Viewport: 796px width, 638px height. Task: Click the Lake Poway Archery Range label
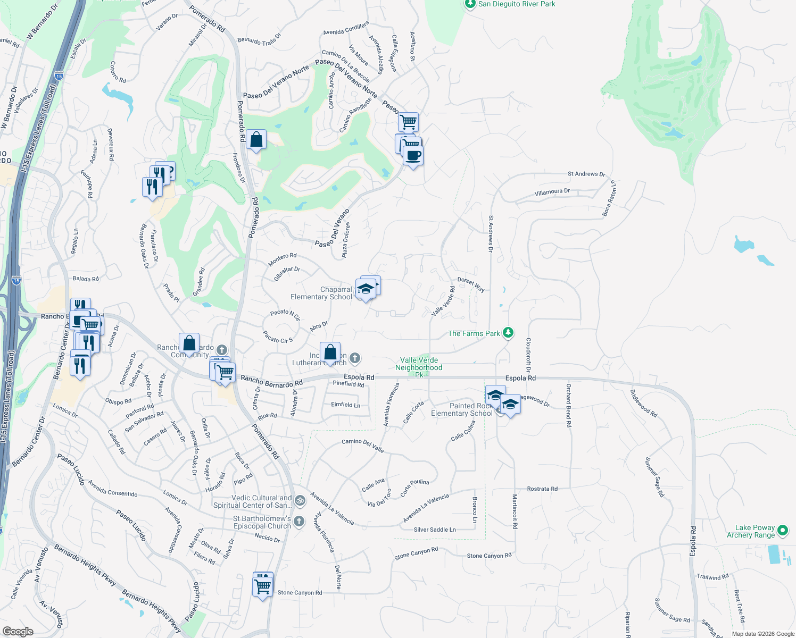(750, 531)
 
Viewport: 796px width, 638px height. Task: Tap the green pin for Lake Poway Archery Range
(782, 530)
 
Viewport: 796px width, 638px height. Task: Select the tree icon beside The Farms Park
(508, 333)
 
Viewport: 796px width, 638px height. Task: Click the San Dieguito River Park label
(516, 4)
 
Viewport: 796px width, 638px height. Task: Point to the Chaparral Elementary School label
(321, 293)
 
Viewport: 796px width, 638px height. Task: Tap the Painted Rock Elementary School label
(462, 409)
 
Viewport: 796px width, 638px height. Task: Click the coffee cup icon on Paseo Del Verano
(413, 156)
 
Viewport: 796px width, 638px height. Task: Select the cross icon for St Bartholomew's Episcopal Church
(299, 521)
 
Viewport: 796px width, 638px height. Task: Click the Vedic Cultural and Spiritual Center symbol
(300, 500)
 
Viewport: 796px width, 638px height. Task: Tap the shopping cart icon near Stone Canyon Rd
(263, 587)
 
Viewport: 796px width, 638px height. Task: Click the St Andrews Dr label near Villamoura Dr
(586, 174)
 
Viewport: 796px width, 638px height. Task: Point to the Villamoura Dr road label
(552, 191)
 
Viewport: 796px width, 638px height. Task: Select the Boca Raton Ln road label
(609, 198)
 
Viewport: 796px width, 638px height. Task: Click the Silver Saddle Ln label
(435, 530)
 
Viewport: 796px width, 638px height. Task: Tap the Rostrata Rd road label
(542, 489)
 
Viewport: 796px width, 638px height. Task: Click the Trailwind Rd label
(712, 576)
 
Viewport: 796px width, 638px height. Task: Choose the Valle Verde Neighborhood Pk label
(419, 367)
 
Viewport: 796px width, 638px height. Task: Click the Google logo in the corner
(18, 631)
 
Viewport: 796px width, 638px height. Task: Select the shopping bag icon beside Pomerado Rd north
(256, 140)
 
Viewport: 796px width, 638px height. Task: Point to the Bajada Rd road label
(86, 279)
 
